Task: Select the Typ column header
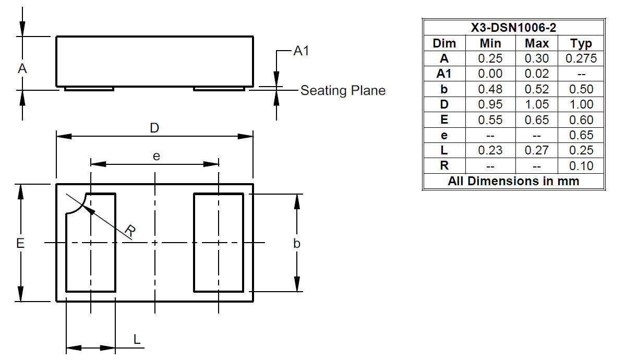coord(581,43)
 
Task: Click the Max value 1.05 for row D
coord(537,104)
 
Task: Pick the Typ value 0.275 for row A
coord(581,58)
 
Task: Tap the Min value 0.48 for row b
coord(490,89)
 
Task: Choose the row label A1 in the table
coord(444,74)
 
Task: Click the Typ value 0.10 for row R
coord(581,165)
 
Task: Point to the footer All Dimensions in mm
coord(513,181)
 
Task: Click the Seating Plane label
coord(343,91)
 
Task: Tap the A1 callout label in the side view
coord(302,51)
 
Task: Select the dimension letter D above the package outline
coord(154,128)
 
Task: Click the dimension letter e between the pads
coord(155,156)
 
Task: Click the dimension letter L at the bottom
coord(137,340)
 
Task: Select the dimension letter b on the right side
coord(297,244)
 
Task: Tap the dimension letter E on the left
coord(20,243)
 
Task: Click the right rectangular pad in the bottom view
coord(218,243)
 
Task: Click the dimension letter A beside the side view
coord(22,69)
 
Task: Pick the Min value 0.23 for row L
coord(490,150)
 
